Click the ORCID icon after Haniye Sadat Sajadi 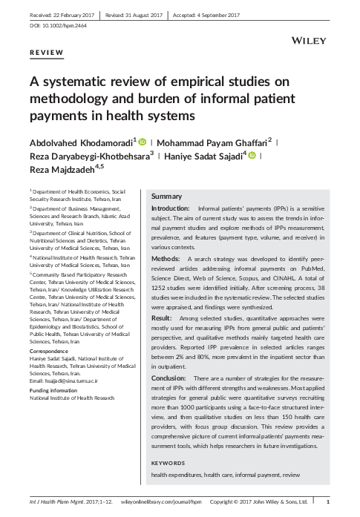click(x=252, y=155)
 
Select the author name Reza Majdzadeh click(x=61, y=171)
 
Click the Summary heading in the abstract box click(x=166, y=196)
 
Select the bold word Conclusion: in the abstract click(x=170, y=378)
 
